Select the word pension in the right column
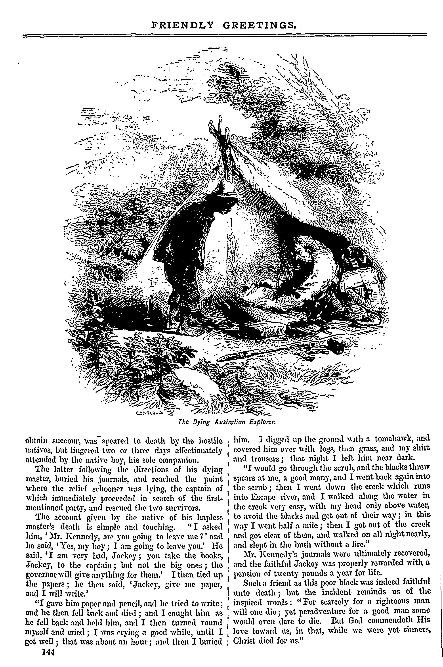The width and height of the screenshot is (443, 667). (x=245, y=573)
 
